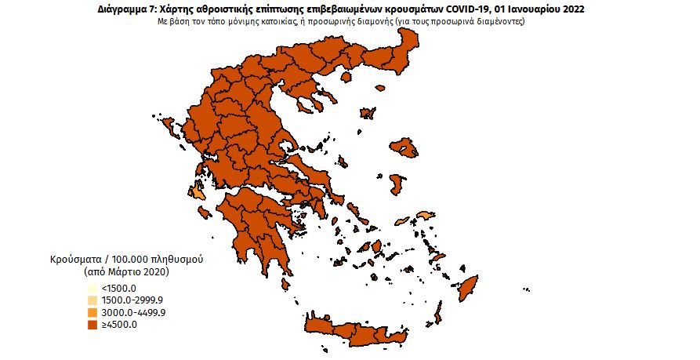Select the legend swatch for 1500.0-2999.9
92,301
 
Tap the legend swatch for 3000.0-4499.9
92,313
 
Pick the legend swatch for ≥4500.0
92,325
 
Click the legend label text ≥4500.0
118,325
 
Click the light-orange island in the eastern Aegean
425,216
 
